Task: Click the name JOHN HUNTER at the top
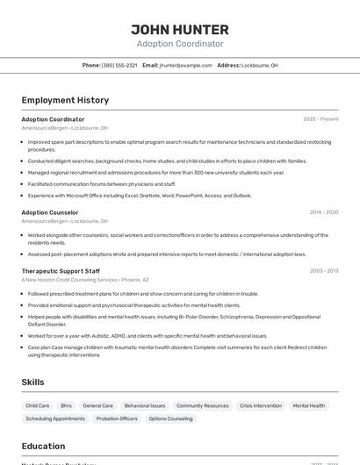point(180,29)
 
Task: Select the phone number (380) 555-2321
point(119,65)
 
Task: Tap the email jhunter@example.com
point(185,65)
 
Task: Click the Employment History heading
point(65,100)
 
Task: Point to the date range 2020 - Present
point(320,119)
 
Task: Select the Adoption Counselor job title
point(50,212)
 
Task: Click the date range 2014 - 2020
point(323,212)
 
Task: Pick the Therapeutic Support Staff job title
point(61,271)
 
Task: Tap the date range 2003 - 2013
point(323,271)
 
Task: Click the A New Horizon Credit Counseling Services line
point(85,280)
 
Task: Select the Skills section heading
point(32,383)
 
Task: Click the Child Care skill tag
point(38,405)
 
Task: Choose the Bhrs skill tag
point(67,405)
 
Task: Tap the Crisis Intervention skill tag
point(261,405)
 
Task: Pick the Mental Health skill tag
point(309,405)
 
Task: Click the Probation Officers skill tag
point(117,418)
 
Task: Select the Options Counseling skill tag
point(170,418)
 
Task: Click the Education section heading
point(43,446)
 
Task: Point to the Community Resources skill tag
point(203,405)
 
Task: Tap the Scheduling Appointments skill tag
point(55,418)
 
